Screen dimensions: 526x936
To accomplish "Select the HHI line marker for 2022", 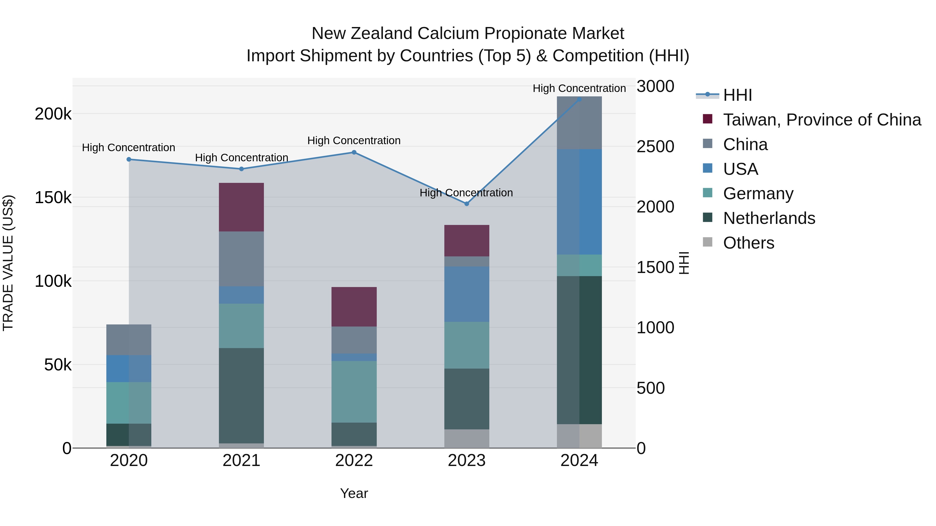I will click(354, 152).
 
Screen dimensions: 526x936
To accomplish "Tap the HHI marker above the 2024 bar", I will click(579, 99).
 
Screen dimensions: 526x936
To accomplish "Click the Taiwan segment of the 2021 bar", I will click(241, 207).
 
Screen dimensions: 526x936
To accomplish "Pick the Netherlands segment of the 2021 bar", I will click(241, 395).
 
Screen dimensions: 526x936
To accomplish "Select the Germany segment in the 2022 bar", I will click(354, 391).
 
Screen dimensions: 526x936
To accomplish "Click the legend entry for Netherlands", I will click(769, 218).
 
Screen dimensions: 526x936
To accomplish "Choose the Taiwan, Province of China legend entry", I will click(822, 120).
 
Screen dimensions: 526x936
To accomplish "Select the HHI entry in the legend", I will click(737, 95).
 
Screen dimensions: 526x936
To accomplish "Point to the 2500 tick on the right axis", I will click(655, 147).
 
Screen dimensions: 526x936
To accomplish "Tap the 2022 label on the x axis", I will click(354, 461).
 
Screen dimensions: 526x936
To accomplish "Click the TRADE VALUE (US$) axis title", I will click(8, 263).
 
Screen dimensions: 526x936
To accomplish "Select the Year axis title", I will click(354, 493).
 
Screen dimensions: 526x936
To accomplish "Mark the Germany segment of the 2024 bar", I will click(579, 265).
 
